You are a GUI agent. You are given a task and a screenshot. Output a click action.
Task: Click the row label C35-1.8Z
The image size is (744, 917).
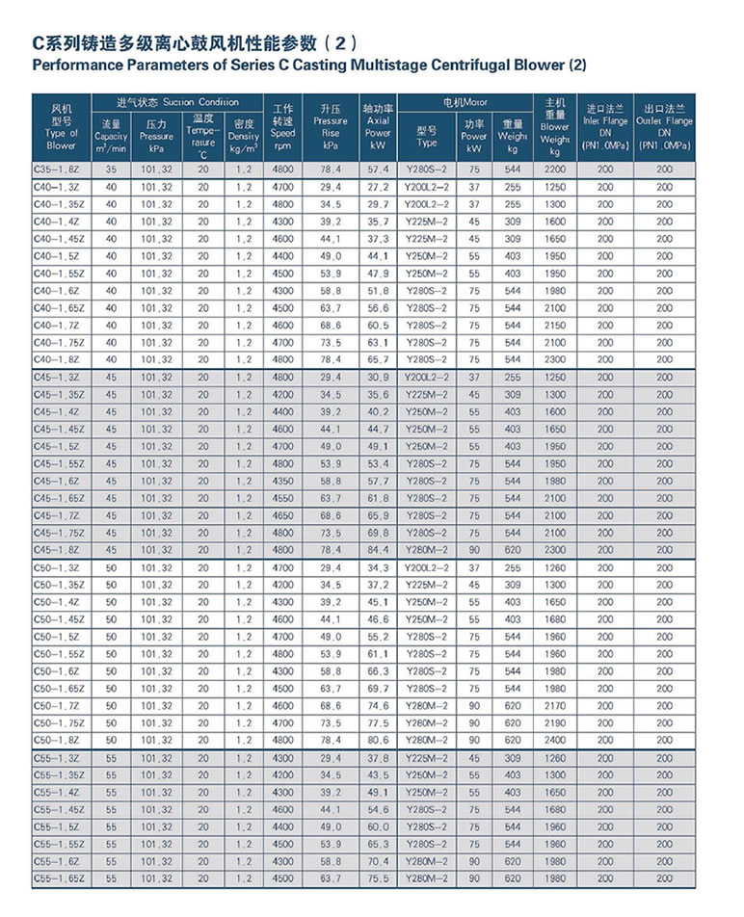point(60,170)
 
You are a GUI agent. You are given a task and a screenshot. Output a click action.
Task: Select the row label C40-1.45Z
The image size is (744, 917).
point(60,239)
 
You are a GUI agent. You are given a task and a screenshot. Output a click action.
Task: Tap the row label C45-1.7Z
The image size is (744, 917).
point(60,516)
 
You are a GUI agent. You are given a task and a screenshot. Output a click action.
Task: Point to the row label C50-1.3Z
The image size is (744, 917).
point(60,568)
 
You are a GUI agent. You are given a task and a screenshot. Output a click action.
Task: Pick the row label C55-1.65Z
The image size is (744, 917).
point(60,878)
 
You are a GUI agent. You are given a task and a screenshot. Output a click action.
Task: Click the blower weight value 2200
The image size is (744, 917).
point(555,170)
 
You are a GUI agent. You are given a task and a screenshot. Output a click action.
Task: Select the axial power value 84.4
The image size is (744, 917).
point(378,551)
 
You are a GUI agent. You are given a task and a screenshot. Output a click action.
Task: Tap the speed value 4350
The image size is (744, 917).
point(282,482)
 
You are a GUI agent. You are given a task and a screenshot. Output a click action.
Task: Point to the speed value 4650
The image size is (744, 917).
point(282,516)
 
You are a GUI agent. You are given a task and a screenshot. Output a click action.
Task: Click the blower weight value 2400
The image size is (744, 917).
point(555,740)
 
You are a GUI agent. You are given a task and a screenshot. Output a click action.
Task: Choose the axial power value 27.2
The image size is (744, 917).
point(378,187)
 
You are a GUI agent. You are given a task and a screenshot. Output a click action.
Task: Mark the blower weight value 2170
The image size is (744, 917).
point(555,705)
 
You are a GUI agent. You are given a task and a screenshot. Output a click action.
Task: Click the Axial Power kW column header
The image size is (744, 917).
point(378,126)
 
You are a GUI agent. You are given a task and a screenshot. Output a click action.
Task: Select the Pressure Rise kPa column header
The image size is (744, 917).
point(331,126)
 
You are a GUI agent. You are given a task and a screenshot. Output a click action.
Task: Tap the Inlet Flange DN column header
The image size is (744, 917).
point(604,126)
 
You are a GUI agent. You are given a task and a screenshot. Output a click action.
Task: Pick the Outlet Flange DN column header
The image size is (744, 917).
point(665,126)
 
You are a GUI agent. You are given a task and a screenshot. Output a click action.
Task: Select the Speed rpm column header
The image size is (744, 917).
point(282,126)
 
